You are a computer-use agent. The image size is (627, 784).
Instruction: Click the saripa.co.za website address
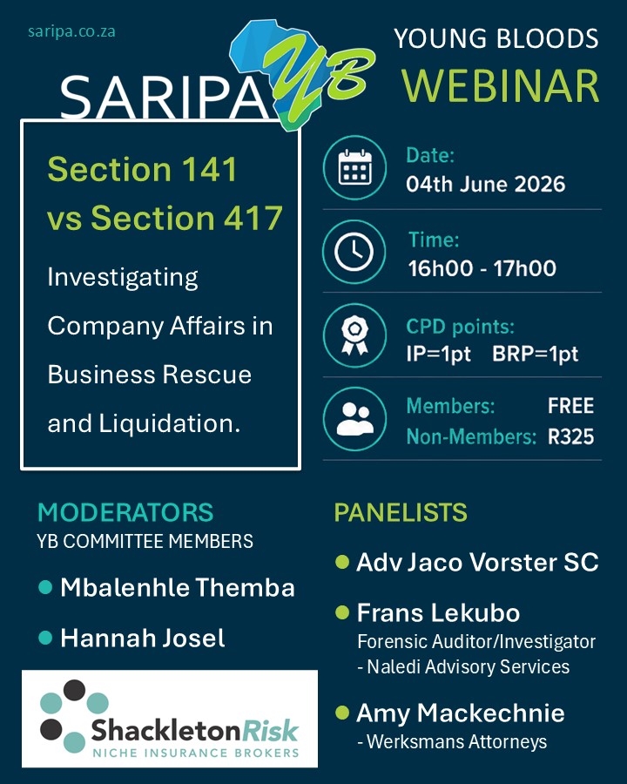pyautogui.click(x=71, y=31)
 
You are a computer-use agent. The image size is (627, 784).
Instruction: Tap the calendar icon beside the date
pyautogui.click(x=354, y=167)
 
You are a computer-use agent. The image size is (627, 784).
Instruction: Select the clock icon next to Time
pyautogui.click(x=354, y=252)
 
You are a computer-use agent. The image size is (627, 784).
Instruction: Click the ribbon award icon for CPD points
pyautogui.click(x=354, y=335)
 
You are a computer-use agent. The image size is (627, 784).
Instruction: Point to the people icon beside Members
pyautogui.click(x=354, y=419)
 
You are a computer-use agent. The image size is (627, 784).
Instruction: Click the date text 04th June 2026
pyautogui.click(x=486, y=184)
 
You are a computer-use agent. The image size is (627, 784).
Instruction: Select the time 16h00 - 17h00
pyautogui.click(x=482, y=268)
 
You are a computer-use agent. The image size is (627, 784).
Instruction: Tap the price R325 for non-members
pyautogui.click(x=571, y=436)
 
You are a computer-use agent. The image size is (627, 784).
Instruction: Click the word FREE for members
pyautogui.click(x=571, y=405)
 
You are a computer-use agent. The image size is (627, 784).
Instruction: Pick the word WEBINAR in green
pyautogui.click(x=500, y=85)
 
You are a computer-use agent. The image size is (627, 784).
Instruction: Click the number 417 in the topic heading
pyautogui.click(x=253, y=218)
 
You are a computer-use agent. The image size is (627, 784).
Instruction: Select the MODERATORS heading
pyautogui.click(x=125, y=512)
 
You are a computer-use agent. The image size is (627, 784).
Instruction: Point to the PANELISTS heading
pyautogui.click(x=401, y=512)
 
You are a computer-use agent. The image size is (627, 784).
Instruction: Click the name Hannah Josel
pyautogui.click(x=143, y=638)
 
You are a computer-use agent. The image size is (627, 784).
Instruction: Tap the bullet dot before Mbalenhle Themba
pyautogui.click(x=45, y=587)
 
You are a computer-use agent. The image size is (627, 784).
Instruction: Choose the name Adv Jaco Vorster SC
pyautogui.click(x=477, y=562)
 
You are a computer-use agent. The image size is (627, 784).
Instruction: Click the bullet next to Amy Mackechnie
pyautogui.click(x=342, y=712)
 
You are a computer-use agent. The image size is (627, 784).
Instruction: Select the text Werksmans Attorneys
pyautogui.click(x=457, y=741)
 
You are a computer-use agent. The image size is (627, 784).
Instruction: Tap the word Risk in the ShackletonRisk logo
pyautogui.click(x=270, y=731)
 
